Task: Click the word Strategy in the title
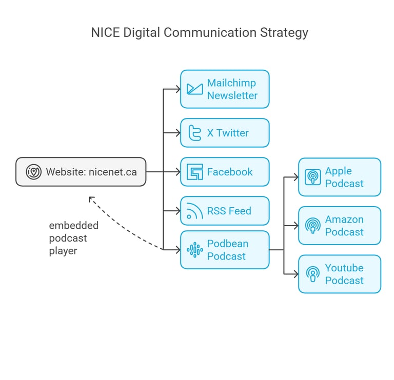284,33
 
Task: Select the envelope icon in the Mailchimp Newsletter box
195,89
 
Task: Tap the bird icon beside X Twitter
195,133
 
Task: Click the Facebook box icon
195,172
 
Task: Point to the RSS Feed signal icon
195,211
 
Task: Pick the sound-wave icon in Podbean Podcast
195,250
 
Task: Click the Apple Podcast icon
312,177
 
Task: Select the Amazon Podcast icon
312,226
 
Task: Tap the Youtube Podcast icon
312,274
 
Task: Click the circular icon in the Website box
33,172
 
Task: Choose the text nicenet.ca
112,172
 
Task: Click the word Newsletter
232,96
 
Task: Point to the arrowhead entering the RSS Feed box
178,211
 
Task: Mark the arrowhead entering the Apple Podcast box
296,177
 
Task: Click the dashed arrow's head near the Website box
91,199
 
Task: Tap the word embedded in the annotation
74,226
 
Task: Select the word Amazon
344,219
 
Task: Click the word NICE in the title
105,33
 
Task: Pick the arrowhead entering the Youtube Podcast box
296,274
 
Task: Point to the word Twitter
232,133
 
